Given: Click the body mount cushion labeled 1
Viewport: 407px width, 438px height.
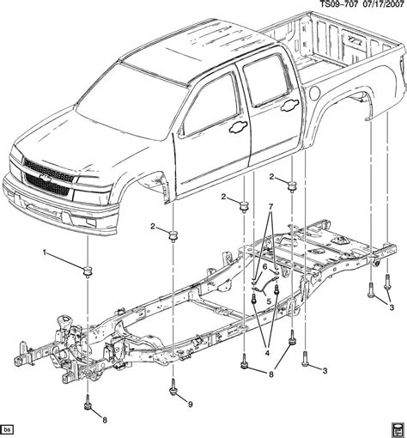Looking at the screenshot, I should [x=87, y=272].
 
